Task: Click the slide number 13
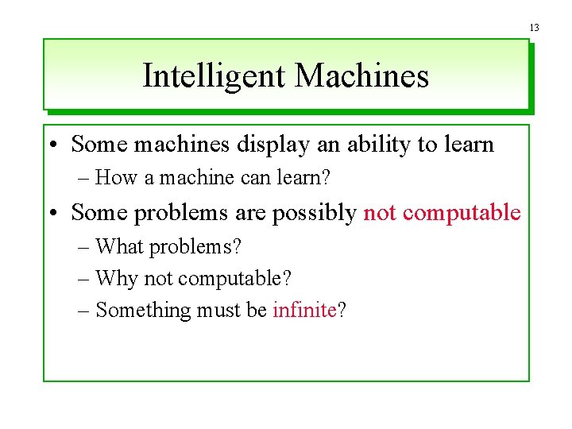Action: point(535,28)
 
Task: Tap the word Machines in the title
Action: point(361,76)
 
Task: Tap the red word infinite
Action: point(304,310)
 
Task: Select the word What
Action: point(120,246)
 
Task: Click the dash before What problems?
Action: point(84,246)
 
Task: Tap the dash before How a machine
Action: point(84,177)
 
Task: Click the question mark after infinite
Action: point(342,310)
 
